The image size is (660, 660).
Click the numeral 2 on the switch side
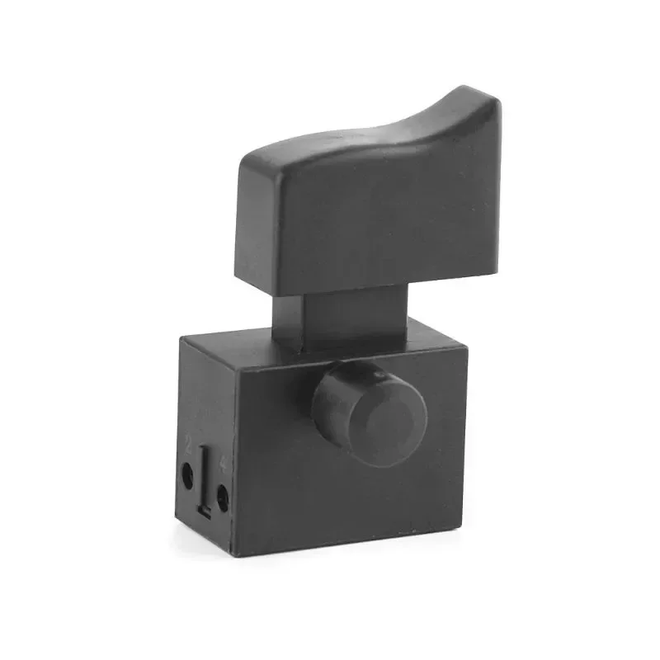pos(189,446)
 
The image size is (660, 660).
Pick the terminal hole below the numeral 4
pos(222,494)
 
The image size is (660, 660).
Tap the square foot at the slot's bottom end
pos(207,512)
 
